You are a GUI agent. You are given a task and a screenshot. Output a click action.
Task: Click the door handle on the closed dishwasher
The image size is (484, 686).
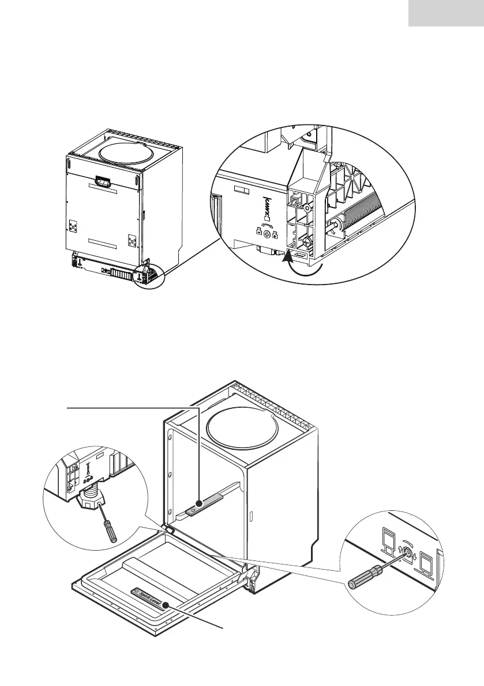pos(104,181)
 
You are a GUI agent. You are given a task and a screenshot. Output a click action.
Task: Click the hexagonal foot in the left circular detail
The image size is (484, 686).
pos(90,499)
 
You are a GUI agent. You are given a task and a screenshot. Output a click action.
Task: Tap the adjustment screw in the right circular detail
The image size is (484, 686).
pos(410,554)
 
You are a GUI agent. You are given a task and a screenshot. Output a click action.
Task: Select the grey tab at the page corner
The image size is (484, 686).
pos(446,13)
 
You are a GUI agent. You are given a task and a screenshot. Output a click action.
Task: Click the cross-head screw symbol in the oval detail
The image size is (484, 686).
pos(267,235)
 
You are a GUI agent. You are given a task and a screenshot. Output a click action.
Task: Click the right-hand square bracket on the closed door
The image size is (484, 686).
pos(132,237)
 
